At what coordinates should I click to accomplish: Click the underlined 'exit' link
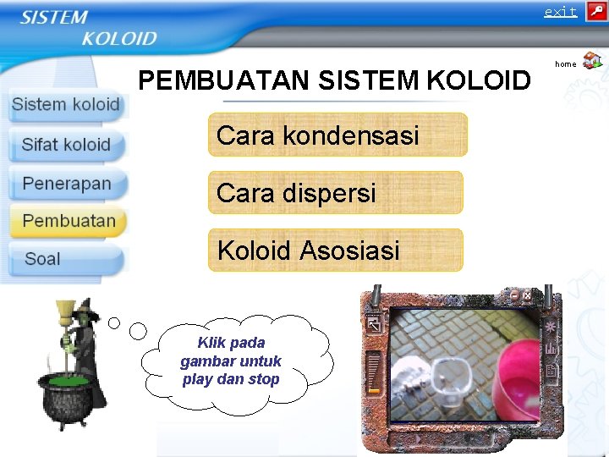coord(560,12)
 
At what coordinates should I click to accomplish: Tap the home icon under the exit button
coord(592,61)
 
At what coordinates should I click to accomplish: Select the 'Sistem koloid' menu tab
coord(66,105)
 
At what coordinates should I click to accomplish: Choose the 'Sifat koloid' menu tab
coord(66,145)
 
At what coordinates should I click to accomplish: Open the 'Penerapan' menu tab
coord(67,184)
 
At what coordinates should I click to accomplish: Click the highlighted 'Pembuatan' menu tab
coord(69,221)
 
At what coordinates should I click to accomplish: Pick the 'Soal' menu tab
coord(42,259)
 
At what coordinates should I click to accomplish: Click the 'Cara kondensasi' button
coord(337,135)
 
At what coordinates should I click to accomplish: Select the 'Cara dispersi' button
coord(336,193)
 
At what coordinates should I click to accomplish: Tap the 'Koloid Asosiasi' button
coord(336,251)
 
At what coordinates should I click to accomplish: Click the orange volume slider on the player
coord(374,390)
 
